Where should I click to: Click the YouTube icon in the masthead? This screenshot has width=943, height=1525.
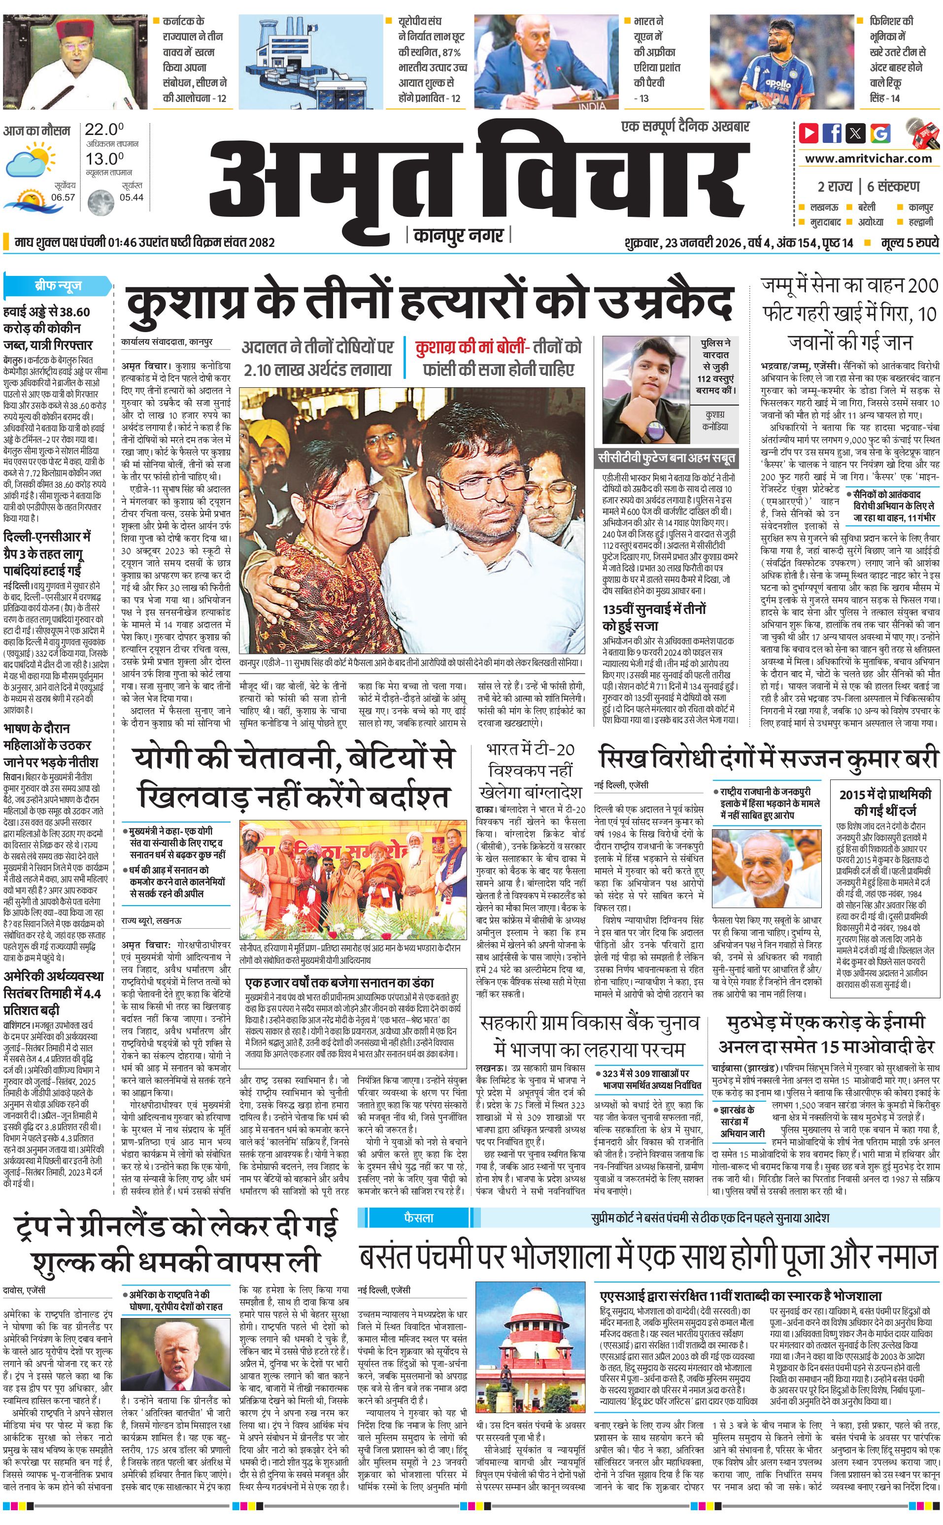point(809,133)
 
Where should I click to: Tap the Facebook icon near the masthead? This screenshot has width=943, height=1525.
point(832,133)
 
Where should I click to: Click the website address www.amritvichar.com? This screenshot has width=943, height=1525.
point(868,159)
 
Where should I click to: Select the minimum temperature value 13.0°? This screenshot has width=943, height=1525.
point(104,159)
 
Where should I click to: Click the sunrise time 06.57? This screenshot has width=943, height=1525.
point(63,197)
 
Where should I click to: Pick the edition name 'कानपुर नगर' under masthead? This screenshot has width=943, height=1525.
point(458,235)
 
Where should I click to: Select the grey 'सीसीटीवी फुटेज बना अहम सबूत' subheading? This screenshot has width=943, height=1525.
point(667,458)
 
